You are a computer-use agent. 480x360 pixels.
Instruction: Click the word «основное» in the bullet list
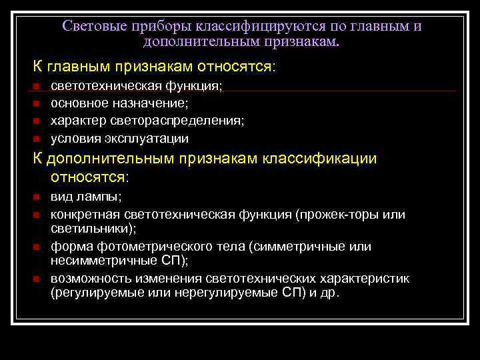pos(77,103)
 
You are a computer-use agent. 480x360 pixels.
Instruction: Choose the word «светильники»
pos(91,228)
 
